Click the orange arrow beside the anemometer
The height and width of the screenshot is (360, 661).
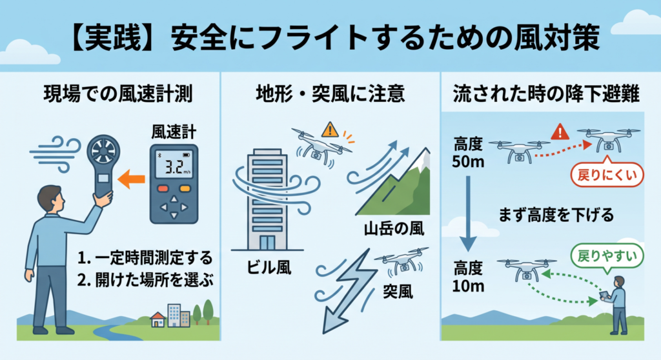click(x=130, y=179)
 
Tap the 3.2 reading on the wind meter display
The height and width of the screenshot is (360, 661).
click(x=173, y=167)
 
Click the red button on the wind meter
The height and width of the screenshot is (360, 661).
click(x=163, y=188)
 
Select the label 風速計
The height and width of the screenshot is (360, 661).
click(x=174, y=132)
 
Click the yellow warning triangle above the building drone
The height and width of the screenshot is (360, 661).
click(x=330, y=130)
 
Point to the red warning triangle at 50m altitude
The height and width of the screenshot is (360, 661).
click(x=560, y=132)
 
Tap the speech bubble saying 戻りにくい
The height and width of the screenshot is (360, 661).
click(x=607, y=174)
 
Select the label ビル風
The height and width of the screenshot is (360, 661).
click(x=269, y=267)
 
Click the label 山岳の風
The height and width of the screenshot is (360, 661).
click(x=394, y=228)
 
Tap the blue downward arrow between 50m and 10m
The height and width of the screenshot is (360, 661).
click(x=467, y=214)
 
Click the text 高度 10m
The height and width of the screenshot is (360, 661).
click(x=468, y=277)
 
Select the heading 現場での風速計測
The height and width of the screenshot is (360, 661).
click(x=118, y=94)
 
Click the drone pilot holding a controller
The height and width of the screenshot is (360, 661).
click(x=616, y=305)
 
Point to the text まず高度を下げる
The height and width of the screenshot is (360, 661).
click(x=556, y=215)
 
